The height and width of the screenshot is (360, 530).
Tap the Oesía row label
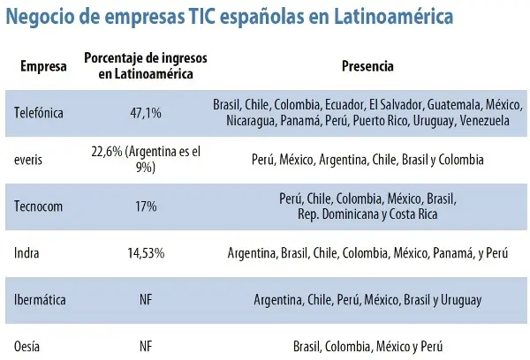tap(29, 346)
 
